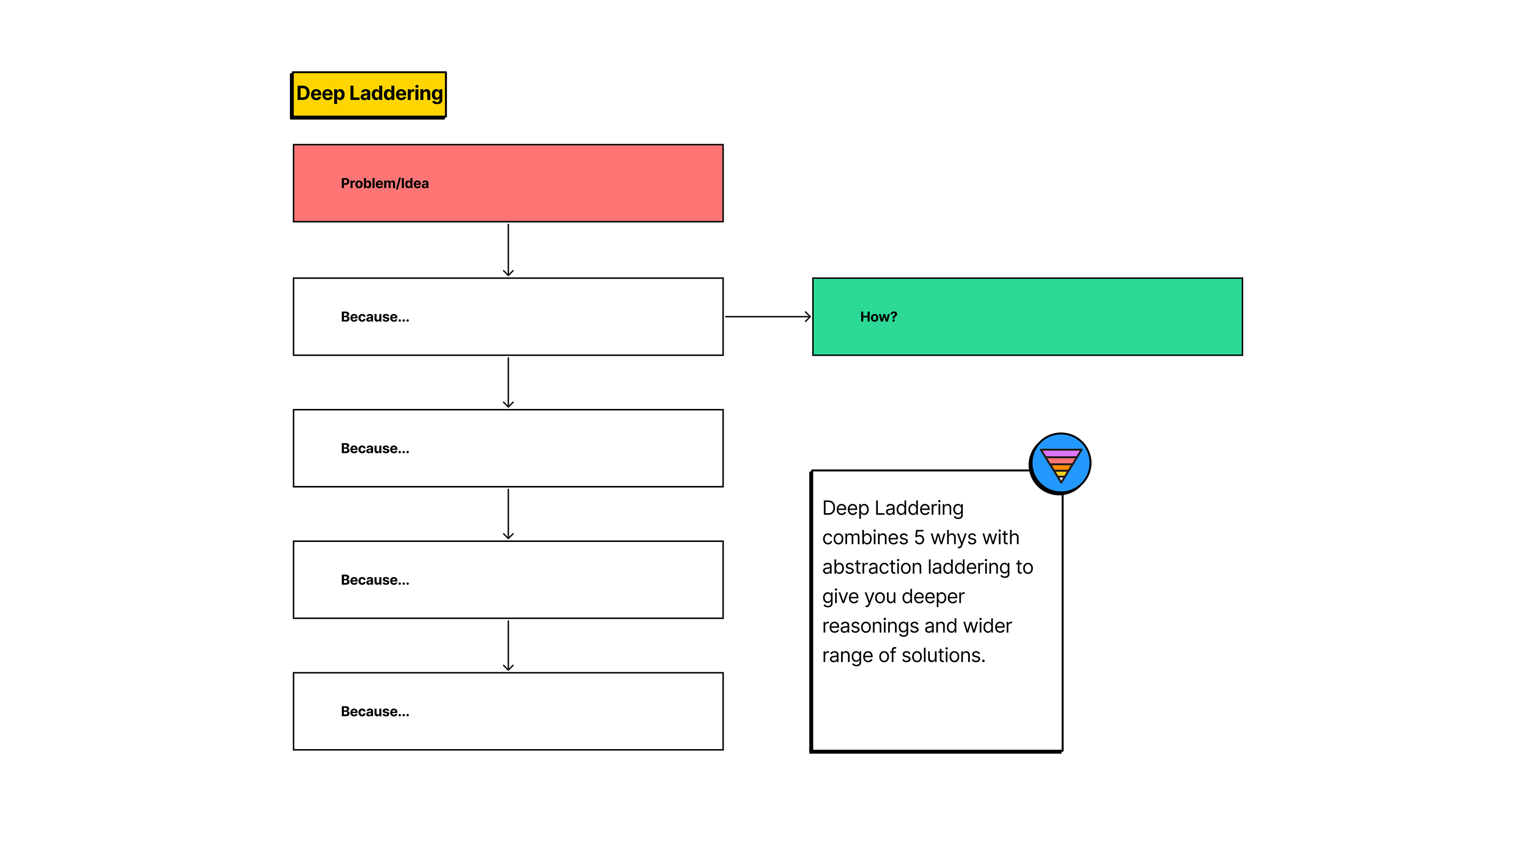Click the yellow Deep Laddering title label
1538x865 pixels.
click(x=369, y=95)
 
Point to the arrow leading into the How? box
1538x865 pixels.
click(x=768, y=317)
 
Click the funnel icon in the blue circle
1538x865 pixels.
click(x=1061, y=464)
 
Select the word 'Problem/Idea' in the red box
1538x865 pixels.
click(x=384, y=184)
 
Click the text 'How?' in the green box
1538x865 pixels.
click(x=878, y=317)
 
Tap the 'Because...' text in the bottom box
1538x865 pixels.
click(x=375, y=712)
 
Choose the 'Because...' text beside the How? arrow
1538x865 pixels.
click(x=375, y=317)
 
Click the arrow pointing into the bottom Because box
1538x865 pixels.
click(x=508, y=646)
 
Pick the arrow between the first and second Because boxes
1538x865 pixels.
click(x=508, y=383)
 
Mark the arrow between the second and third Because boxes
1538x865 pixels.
click(x=508, y=514)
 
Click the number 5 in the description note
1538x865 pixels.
click(x=920, y=538)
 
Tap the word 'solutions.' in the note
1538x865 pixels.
click(x=943, y=656)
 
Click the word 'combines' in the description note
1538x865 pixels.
click(x=865, y=538)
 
